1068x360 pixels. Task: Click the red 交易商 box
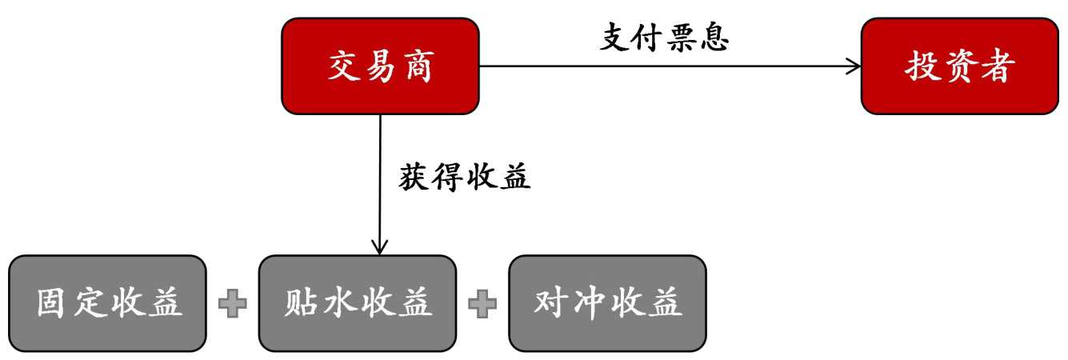coord(380,66)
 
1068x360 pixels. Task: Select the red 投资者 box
coord(959,66)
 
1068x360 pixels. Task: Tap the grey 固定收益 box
coord(107,303)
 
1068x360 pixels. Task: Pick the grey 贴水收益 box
coord(357,303)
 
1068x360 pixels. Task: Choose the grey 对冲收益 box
coord(607,303)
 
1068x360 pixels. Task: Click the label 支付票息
coord(664,37)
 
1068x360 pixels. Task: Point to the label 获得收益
coord(465,177)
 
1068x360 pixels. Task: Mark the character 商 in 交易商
coord(417,66)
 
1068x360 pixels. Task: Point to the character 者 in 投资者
coord(996,66)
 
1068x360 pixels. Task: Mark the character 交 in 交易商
coord(345,66)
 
